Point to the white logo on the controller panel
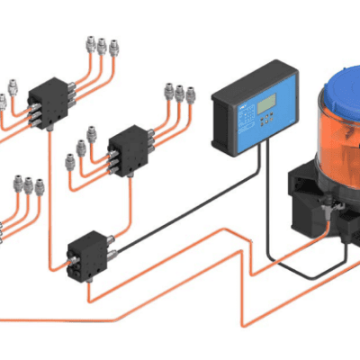point(243,107)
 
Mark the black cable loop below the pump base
point(297,270)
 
